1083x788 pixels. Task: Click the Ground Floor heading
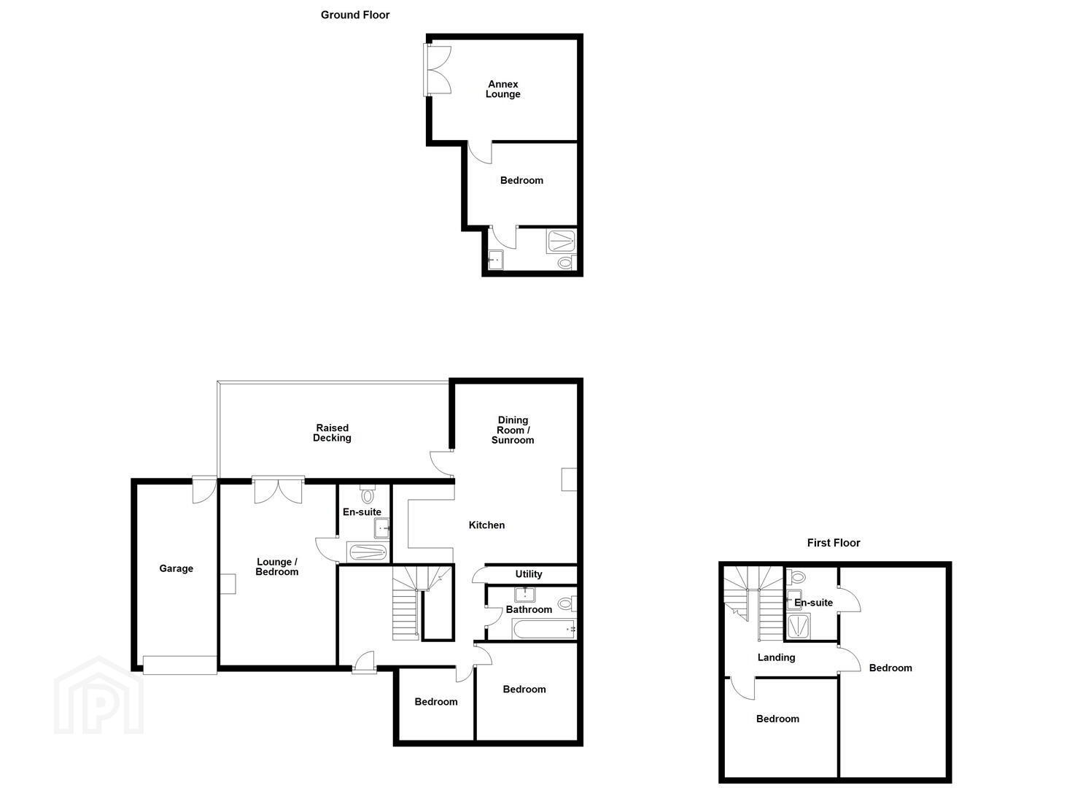355,15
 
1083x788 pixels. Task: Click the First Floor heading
834,543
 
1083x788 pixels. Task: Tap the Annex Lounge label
502,89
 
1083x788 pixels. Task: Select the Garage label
176,568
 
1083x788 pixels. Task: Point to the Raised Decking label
332,433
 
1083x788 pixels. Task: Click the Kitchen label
486,525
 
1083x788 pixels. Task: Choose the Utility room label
529,574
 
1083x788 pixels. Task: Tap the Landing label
776,657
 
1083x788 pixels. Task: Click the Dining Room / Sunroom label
513,430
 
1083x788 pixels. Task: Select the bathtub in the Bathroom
544,630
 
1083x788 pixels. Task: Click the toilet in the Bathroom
567,603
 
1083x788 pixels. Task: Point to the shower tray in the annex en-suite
562,241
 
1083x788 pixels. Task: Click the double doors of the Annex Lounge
437,69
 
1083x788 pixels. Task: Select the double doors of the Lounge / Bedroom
278,490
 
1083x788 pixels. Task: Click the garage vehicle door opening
180,665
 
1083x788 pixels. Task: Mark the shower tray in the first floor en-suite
799,627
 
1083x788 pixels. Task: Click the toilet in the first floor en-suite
796,577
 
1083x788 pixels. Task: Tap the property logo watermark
98,695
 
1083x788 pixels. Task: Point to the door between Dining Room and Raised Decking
442,463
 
